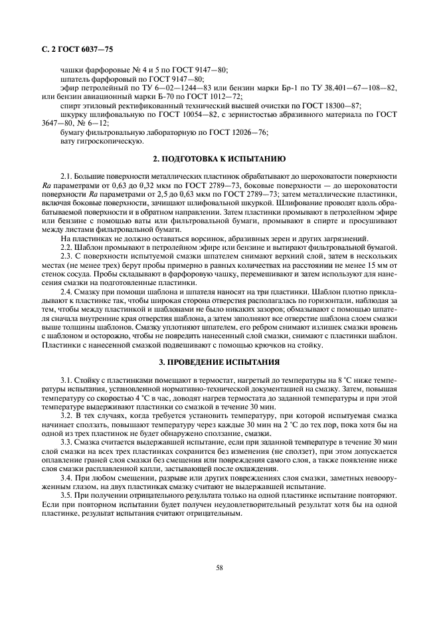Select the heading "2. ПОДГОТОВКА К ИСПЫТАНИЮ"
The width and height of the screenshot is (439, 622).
click(x=219, y=159)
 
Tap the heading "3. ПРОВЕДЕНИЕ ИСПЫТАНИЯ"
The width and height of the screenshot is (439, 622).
click(x=219, y=363)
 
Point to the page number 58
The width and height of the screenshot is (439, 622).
click(x=219, y=567)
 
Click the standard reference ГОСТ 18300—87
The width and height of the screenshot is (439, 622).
click(x=331, y=106)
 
